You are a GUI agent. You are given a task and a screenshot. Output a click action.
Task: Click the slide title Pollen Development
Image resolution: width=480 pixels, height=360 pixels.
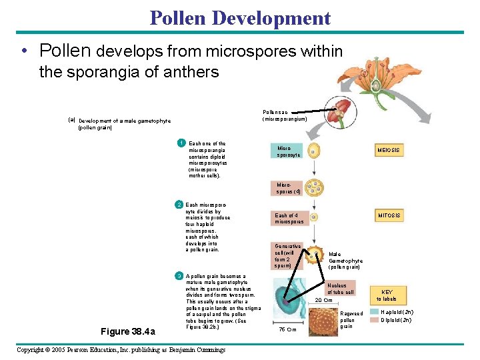coord(240,18)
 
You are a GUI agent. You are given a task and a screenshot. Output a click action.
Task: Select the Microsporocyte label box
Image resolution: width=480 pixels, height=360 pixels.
coord(289,151)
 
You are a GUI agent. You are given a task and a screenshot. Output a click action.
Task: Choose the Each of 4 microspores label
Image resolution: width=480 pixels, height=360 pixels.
coord(289,218)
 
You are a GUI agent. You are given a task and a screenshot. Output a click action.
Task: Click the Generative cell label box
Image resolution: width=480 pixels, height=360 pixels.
coord(288,255)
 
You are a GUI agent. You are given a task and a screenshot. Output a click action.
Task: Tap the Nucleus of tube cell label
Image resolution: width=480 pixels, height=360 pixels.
coord(341,289)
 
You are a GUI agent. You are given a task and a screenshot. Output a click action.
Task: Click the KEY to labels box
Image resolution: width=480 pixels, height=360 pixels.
coord(387,295)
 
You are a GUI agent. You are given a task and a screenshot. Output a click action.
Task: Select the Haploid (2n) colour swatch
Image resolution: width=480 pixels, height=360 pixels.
coord(374,312)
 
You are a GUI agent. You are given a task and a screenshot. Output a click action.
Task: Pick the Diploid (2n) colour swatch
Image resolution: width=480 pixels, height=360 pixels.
coord(374,320)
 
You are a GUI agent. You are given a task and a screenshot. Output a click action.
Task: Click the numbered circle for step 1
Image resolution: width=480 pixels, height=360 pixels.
coord(180,143)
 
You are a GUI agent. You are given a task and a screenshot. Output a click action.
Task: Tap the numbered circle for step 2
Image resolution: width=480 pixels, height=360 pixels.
coord(178,204)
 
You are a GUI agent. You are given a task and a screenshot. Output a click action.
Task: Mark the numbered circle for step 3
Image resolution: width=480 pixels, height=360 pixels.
coord(178,276)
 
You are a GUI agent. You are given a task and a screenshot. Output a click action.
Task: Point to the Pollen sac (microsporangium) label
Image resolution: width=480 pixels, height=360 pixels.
coord(285,115)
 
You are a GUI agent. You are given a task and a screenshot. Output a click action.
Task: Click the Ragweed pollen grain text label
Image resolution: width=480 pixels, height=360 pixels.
coord(351,319)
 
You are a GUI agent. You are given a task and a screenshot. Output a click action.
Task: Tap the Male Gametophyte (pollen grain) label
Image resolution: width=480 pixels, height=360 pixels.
coord(345,260)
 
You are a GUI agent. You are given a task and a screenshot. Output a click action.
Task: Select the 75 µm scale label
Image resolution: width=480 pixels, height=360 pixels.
coord(287,329)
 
